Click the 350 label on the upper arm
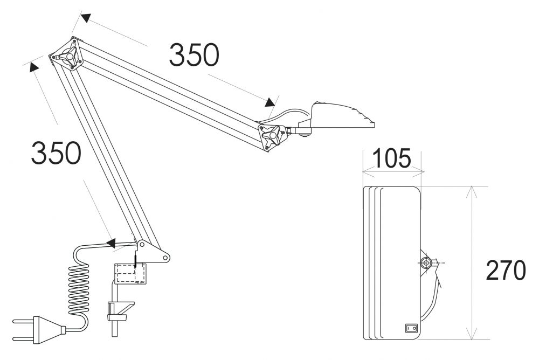(194, 55)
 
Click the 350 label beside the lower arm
(56, 153)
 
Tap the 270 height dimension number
(505, 271)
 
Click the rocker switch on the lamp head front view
(411, 327)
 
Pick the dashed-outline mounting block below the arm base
(130, 274)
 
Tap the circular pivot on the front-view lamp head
(426, 263)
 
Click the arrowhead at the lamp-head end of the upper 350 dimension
(270, 102)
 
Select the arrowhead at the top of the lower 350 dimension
(33, 67)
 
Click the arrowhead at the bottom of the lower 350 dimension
(112, 243)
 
